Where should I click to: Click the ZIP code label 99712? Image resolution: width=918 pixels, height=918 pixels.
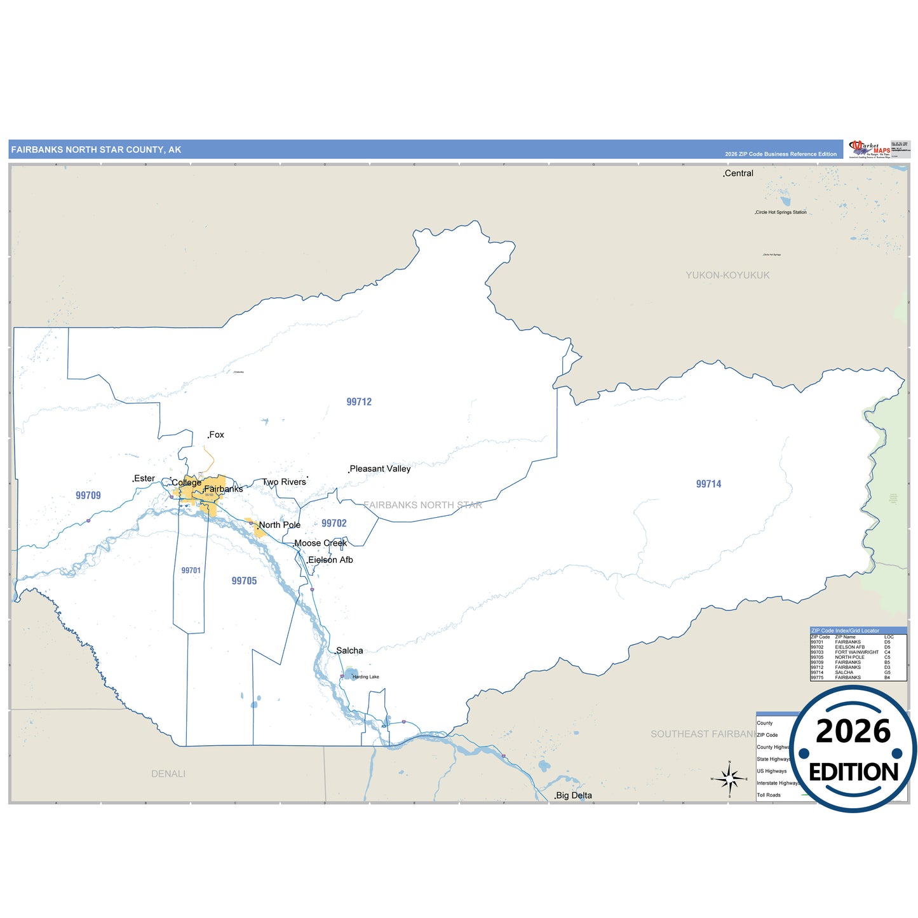click(x=359, y=402)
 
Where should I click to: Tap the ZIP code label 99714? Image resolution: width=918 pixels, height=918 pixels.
click(x=708, y=484)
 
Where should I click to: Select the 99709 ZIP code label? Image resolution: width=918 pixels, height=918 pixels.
click(x=88, y=496)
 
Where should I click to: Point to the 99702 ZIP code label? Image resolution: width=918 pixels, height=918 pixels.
click(x=334, y=523)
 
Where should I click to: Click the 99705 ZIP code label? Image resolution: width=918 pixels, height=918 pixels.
click(x=244, y=581)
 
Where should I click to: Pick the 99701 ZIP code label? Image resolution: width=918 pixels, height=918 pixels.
click(x=191, y=570)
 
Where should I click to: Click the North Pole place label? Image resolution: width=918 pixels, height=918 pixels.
click(x=280, y=525)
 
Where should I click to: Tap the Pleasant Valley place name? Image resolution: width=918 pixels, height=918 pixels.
click(x=380, y=469)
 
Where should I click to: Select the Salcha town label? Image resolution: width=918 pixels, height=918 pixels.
click(x=349, y=651)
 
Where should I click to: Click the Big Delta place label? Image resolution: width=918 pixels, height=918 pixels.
click(x=574, y=795)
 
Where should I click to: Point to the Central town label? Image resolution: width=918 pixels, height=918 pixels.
click(x=739, y=173)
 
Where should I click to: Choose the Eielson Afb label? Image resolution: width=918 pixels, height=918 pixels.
click(x=330, y=560)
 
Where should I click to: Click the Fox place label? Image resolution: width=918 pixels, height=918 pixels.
click(x=217, y=435)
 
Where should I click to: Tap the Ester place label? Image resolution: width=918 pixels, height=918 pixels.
click(x=144, y=478)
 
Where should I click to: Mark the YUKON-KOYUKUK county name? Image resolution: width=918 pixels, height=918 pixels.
click(x=727, y=275)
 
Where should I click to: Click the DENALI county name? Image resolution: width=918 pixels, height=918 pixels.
click(x=168, y=774)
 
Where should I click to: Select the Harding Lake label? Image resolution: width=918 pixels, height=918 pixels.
click(x=365, y=677)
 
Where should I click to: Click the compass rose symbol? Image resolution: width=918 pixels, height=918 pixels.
click(x=729, y=778)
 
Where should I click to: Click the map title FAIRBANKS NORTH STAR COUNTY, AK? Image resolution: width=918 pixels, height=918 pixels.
click(x=96, y=150)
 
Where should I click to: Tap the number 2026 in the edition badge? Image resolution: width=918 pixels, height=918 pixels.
click(x=853, y=731)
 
